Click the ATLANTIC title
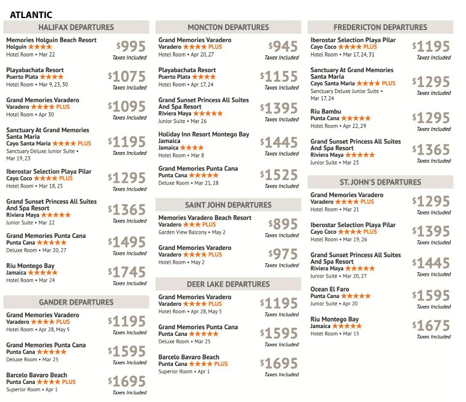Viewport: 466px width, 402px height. pyautogui.click(x=31, y=15)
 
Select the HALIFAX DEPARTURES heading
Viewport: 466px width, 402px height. pyautogui.click(x=76, y=28)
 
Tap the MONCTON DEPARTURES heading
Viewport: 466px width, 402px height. pyautogui.click(x=228, y=28)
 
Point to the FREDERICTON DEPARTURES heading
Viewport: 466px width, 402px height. pyautogui.click(x=380, y=28)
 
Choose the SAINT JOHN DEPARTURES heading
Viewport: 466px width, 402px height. pyautogui.click(x=228, y=206)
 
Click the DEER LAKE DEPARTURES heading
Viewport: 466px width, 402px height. pyautogui.click(x=228, y=284)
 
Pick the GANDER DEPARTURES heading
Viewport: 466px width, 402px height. pyautogui.click(x=76, y=302)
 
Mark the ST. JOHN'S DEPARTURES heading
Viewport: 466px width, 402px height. pyautogui.click(x=380, y=182)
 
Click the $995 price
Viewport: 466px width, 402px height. pyautogui.click(x=132, y=47)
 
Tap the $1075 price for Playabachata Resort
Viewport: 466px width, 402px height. pyautogui.click(x=127, y=77)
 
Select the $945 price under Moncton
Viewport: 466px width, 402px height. pyautogui.click(x=283, y=47)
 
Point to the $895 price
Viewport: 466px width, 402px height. pyautogui.click(x=283, y=225)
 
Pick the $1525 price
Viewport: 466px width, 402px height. pyautogui.click(x=279, y=175)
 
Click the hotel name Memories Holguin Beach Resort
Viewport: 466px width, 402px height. pyautogui.click(x=52, y=40)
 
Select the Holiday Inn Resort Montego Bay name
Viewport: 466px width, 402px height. pyautogui.click(x=204, y=135)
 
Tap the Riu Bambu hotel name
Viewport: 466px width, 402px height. pyautogui.click(x=325, y=112)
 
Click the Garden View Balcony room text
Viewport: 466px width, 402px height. pyautogui.click(x=183, y=232)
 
